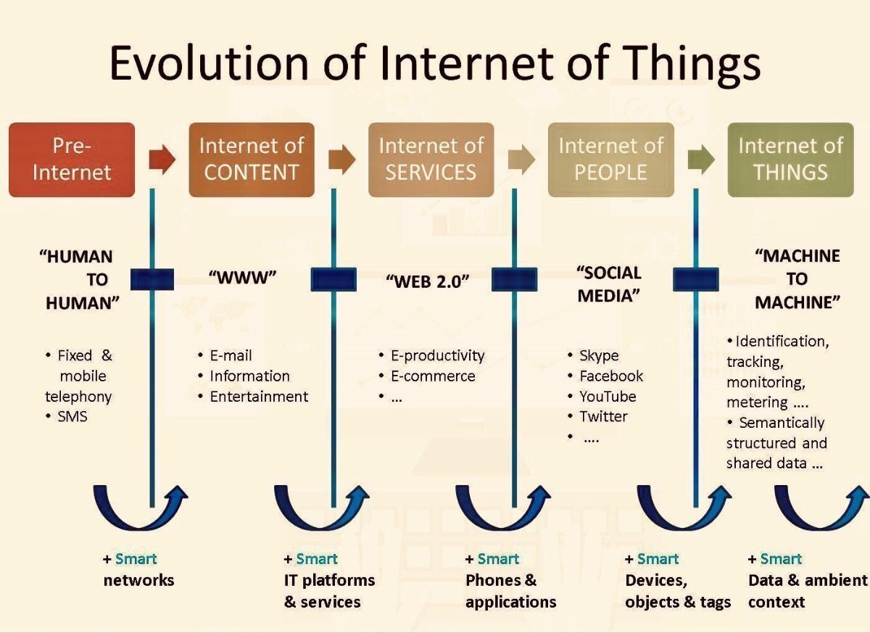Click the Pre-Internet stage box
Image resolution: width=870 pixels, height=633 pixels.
click(x=72, y=160)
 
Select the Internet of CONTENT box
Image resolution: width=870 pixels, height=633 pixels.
click(x=252, y=160)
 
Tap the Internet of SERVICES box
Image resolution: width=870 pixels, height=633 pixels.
click(x=431, y=160)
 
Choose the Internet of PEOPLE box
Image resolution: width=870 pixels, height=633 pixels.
click(x=610, y=160)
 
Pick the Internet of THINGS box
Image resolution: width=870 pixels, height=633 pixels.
click(x=790, y=160)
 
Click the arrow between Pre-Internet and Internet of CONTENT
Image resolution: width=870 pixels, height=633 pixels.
click(x=162, y=160)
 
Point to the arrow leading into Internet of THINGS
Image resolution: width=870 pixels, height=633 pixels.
click(x=700, y=160)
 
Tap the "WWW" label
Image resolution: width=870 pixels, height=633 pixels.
click(x=243, y=278)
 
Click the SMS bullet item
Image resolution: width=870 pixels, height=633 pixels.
click(x=72, y=417)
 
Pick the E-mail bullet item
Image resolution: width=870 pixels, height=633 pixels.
click(x=231, y=356)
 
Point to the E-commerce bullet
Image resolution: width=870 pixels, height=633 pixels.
click(x=433, y=376)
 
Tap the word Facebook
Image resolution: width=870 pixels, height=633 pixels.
click(x=611, y=376)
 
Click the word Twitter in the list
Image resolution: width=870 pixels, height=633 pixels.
click(x=603, y=417)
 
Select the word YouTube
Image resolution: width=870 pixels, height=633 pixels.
click(x=608, y=397)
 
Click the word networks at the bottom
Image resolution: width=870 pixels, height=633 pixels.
click(x=138, y=580)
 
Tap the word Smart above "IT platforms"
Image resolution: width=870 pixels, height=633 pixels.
click(x=317, y=559)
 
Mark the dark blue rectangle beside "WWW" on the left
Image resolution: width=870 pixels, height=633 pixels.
click(x=152, y=279)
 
